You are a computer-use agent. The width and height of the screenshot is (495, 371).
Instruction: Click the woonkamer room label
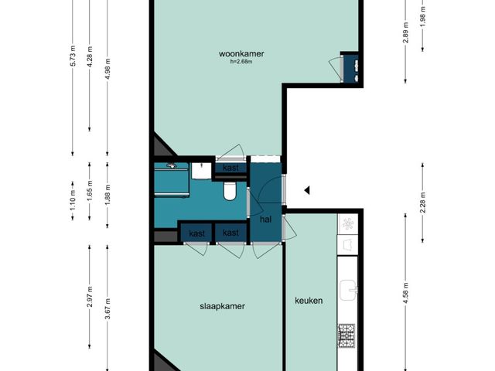[x=241, y=53]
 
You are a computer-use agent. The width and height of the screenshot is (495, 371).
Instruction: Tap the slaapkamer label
[x=222, y=306]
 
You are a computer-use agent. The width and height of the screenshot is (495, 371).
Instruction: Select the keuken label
[x=309, y=301]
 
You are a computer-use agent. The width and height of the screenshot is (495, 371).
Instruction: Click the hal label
[x=265, y=220]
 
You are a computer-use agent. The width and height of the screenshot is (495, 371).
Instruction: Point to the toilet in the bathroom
[x=230, y=191]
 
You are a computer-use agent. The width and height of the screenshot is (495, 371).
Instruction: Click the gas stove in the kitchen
[x=346, y=335]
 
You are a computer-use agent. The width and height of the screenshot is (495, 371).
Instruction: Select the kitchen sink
[x=348, y=291]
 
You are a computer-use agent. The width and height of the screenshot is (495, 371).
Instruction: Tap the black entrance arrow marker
[x=307, y=190]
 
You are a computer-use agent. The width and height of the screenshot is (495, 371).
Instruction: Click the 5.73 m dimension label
[x=73, y=56]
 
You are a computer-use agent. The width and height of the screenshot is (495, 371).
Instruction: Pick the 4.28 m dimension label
[x=90, y=56]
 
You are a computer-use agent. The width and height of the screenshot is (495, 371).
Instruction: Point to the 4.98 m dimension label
[x=108, y=69]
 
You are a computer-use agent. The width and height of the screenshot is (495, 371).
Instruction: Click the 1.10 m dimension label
[x=73, y=201]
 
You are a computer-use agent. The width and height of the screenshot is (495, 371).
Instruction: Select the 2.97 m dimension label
[x=90, y=297]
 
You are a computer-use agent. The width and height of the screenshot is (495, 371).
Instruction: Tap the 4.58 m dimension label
[x=405, y=293]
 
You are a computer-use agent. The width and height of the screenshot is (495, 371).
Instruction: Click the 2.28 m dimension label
[x=423, y=203]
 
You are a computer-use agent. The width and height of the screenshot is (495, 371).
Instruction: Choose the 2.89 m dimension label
[x=405, y=32]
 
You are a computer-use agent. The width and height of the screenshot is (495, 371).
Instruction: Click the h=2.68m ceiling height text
[x=241, y=62]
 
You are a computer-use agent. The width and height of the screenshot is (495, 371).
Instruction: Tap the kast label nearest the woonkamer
[x=230, y=168]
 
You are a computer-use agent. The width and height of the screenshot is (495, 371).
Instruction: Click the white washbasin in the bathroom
[x=201, y=171]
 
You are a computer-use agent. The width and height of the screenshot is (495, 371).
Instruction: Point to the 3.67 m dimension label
[x=108, y=309]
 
